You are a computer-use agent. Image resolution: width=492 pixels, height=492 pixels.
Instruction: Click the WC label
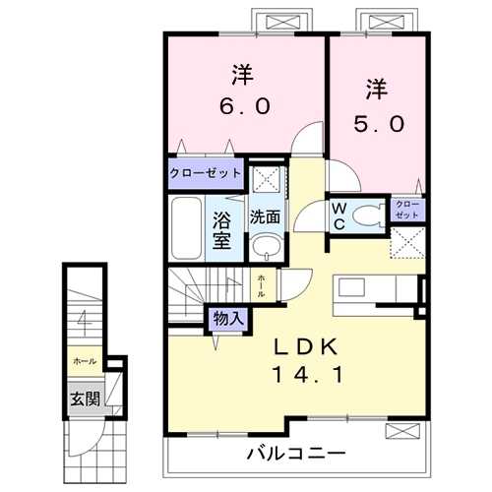pyautogui.click(x=337, y=215)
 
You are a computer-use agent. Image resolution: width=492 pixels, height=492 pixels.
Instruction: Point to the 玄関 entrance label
pyautogui.click(x=83, y=400)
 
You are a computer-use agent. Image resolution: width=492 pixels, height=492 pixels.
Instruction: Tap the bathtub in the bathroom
pyautogui.click(x=184, y=226)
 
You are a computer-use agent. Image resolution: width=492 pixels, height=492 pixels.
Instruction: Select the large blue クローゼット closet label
pyautogui.click(x=205, y=173)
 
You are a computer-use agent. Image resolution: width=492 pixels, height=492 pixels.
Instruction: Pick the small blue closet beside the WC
pyautogui.click(x=408, y=210)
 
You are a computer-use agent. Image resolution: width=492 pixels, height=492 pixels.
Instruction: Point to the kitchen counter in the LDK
pyautogui.click(x=378, y=292)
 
